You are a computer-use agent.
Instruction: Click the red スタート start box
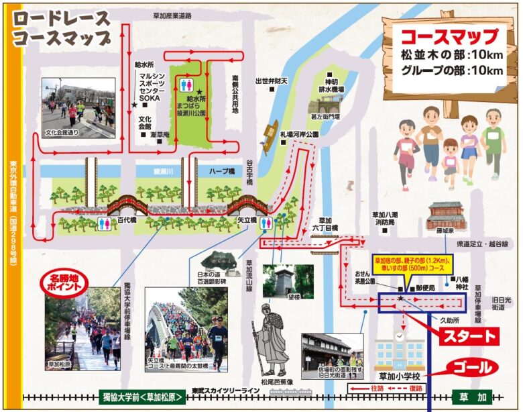[x=468, y=336]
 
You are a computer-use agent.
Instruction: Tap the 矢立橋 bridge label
[x=247, y=219]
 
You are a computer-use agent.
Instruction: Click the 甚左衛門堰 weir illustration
[x=326, y=104]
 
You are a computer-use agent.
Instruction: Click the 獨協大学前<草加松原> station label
[x=141, y=396]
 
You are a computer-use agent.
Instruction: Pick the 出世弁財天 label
[x=271, y=81]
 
